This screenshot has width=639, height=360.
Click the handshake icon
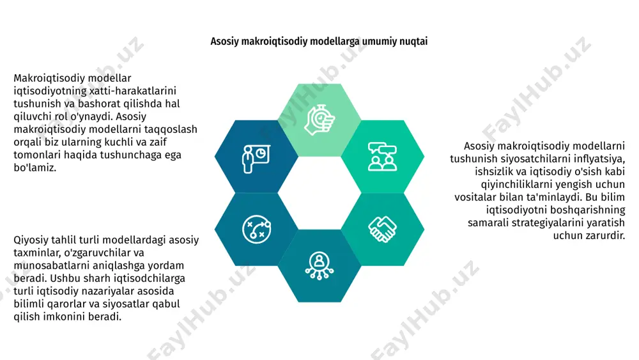tap(382, 229)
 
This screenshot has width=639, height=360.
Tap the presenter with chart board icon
tap(256, 158)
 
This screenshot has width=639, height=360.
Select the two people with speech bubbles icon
tap(382, 157)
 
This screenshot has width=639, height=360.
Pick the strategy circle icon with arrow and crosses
tap(256, 229)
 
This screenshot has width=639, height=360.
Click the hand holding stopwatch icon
tap(320, 120)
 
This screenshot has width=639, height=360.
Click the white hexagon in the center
tap(319, 193)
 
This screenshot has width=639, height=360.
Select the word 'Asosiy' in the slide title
tap(224, 42)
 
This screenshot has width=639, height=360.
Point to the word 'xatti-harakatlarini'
tap(133, 91)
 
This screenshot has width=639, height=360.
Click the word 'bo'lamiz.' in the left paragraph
tap(35, 168)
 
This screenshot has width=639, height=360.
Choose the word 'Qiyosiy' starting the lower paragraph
tap(31, 240)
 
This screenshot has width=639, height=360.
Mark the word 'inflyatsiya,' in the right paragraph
tap(597, 159)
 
